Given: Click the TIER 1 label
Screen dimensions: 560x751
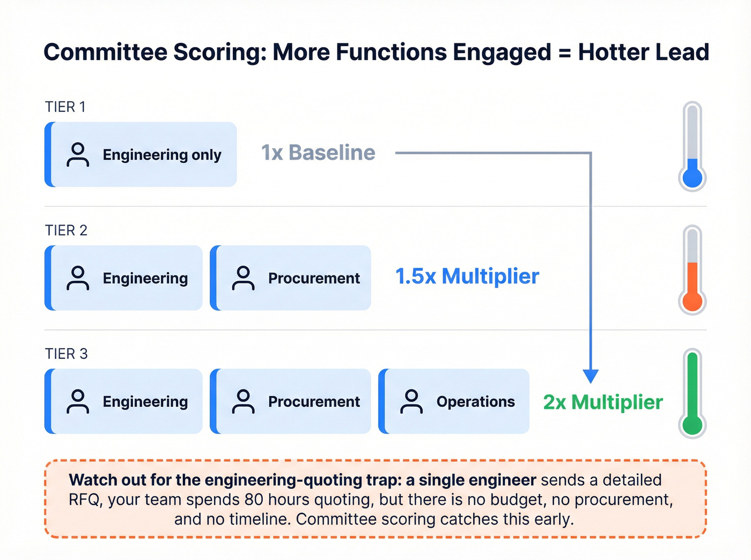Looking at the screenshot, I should click(65, 107).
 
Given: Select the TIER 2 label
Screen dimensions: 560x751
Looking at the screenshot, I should click(66, 230).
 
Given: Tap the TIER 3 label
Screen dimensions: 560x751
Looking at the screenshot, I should click(66, 354).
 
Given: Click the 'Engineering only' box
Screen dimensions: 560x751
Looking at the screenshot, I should click(141, 154).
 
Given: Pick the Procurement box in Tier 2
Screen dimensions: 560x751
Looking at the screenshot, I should click(290, 278).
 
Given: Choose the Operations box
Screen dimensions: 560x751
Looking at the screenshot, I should click(454, 401).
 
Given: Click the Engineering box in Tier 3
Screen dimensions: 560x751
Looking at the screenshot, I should click(123, 401).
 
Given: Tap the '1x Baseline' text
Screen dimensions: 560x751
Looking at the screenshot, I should click(318, 153).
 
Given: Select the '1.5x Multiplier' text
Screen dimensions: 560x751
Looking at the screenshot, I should click(467, 277).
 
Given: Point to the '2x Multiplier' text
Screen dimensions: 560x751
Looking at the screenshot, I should click(603, 402).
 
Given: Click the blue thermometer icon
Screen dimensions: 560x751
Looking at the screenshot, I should click(693, 146).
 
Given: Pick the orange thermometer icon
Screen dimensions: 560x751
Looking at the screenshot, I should click(693, 270).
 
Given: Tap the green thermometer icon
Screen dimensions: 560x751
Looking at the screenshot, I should click(693, 393).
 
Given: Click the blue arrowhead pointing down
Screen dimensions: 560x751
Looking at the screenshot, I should click(591, 376).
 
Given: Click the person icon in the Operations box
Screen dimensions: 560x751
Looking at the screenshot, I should click(411, 401).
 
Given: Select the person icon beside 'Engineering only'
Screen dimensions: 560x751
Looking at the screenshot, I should click(78, 154).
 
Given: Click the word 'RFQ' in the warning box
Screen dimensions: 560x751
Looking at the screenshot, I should click(85, 500).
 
